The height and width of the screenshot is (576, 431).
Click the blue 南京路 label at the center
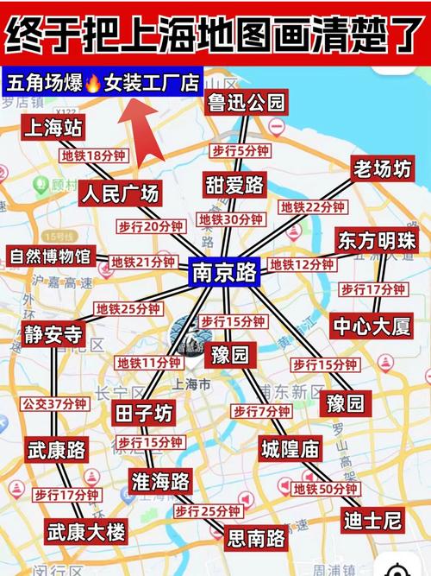(224, 274)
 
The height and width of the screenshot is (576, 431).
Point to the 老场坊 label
(383, 168)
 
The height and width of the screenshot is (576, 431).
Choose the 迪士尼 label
(372, 520)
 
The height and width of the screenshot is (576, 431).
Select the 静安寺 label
(53, 334)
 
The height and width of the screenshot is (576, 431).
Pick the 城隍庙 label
(290, 448)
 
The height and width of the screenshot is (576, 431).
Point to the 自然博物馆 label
(50, 256)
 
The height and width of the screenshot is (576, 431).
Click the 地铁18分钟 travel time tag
(94, 156)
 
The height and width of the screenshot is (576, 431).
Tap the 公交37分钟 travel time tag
(54, 403)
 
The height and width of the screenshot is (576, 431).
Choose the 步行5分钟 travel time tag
(240, 150)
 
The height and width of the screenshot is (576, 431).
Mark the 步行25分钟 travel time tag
(206, 511)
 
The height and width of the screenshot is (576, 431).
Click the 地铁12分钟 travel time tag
(302, 264)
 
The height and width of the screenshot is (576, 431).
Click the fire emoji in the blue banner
(93, 84)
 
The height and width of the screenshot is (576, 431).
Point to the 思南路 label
(256, 539)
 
